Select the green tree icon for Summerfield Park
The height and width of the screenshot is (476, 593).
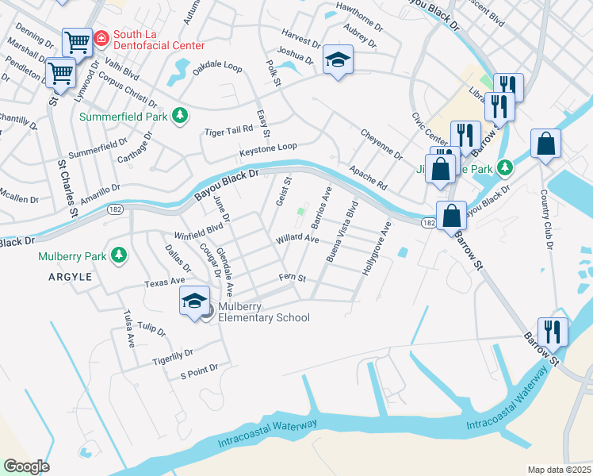(181, 117)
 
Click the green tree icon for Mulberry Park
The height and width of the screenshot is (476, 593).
(119, 255)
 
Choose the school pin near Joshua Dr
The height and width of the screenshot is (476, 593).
(338, 59)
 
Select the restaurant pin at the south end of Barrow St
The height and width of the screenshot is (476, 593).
(553, 332)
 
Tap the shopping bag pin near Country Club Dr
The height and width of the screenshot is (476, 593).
(545, 144)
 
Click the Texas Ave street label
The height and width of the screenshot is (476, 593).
(164, 281)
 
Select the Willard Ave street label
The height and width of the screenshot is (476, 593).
(296, 239)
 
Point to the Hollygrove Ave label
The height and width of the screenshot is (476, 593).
(377, 248)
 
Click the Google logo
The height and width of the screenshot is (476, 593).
(26, 466)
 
